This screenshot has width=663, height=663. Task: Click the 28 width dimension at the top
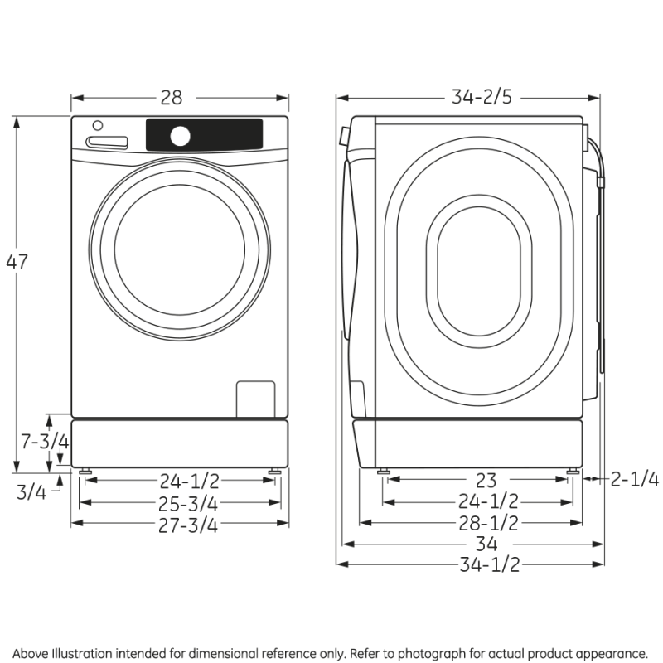click(172, 98)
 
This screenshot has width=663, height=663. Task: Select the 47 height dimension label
click(17, 261)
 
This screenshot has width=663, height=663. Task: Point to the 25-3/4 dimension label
click(180, 503)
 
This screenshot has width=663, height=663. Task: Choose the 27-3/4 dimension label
click(180, 524)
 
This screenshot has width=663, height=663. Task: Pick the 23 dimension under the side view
click(486, 480)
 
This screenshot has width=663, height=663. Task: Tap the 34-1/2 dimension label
click(489, 565)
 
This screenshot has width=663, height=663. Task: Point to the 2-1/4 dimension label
click(634, 479)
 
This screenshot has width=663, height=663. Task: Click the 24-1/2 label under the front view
click(180, 481)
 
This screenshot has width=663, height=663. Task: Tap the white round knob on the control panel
click(181, 135)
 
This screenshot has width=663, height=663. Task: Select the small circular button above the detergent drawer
click(98, 126)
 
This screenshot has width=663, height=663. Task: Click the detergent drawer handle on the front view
click(108, 143)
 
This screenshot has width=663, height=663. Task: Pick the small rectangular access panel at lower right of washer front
click(255, 399)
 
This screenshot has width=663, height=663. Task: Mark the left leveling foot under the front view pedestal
click(85, 472)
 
